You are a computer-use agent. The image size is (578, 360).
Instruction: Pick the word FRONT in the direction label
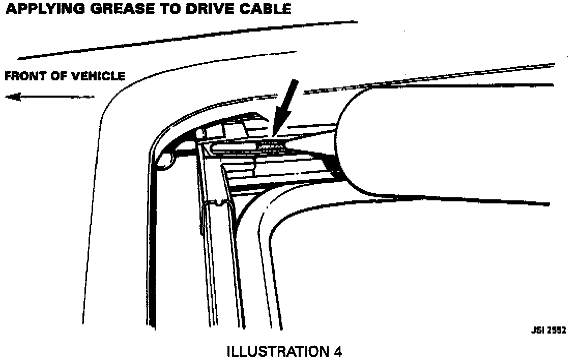click(24, 77)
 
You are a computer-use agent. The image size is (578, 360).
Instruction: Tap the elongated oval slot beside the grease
click(234, 147)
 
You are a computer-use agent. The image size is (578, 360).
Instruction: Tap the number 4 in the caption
click(337, 351)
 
